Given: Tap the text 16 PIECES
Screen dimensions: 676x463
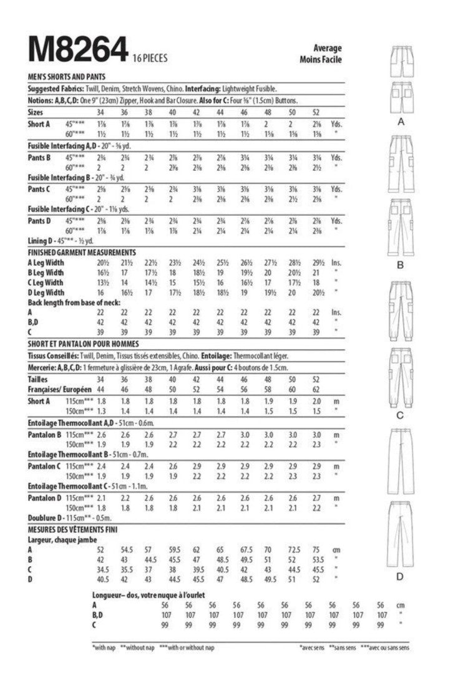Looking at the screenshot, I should [150, 59].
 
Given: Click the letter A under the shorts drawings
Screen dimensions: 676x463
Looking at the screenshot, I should [401, 123].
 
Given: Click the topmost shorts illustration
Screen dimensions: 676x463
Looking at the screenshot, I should [401, 59].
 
